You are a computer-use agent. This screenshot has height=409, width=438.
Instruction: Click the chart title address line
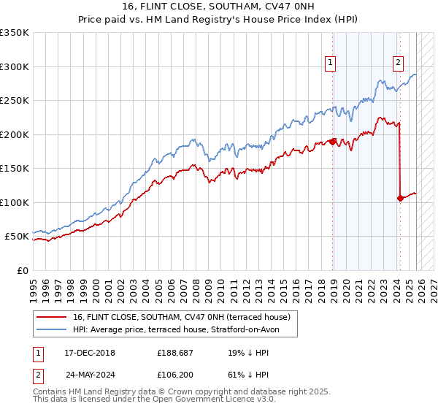(x=219, y=7)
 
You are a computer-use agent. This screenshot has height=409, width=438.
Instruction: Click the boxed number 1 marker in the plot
(x=331, y=64)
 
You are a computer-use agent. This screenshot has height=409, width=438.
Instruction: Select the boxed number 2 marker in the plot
(x=399, y=64)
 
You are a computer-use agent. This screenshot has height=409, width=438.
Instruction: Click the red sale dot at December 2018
(x=333, y=142)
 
